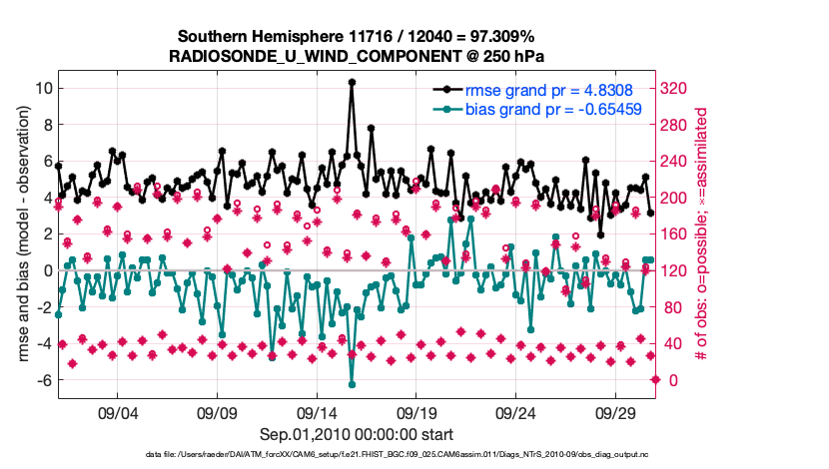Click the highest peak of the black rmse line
click(x=352, y=82)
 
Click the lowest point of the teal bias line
click(x=352, y=384)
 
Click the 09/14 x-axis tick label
click(x=317, y=412)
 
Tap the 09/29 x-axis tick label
click(x=616, y=412)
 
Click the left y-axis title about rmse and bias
click(x=19, y=234)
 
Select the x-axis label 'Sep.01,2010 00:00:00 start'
click(x=357, y=434)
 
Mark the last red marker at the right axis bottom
click(x=655, y=379)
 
